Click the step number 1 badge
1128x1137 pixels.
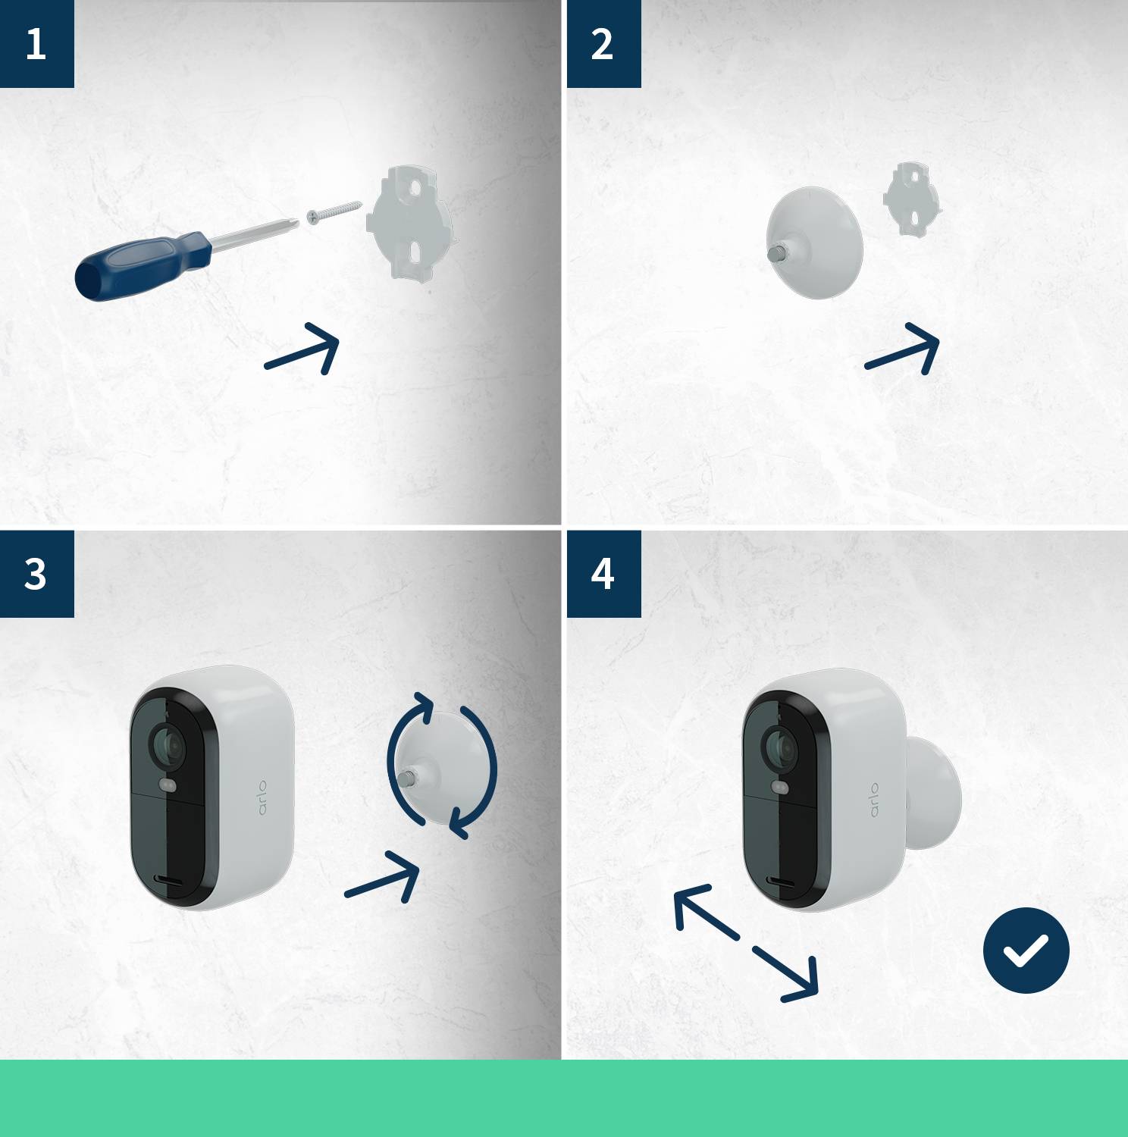(36, 44)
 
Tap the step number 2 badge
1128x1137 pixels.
(603, 44)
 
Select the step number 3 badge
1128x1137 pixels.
(36, 574)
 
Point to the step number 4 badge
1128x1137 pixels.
(603, 574)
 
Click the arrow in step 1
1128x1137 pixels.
(303, 349)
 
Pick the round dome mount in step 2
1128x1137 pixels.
(816, 242)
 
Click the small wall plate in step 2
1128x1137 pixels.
(911, 199)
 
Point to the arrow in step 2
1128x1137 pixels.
(904, 349)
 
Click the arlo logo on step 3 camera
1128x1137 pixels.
(262, 797)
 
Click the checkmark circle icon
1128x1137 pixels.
(1026, 950)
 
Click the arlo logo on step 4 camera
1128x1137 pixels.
(874, 800)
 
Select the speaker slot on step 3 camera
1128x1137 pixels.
(170, 879)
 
